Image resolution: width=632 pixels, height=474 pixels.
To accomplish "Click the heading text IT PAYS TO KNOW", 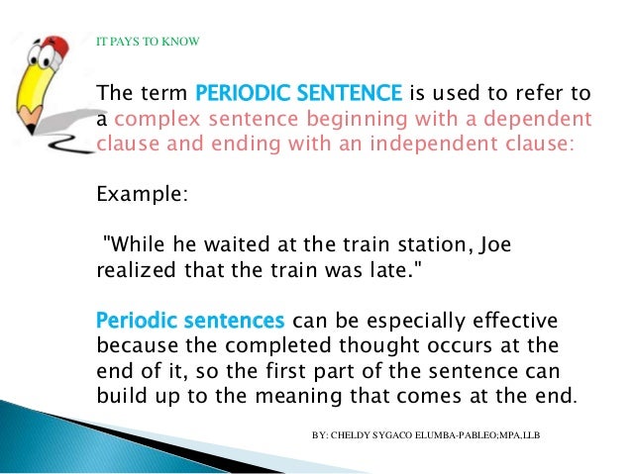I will click(x=147, y=42).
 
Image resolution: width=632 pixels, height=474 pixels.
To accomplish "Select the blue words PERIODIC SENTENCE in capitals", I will click(x=300, y=95).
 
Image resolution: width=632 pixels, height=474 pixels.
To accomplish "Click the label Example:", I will click(x=140, y=194).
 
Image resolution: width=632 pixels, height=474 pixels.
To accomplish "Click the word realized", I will click(x=133, y=269).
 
